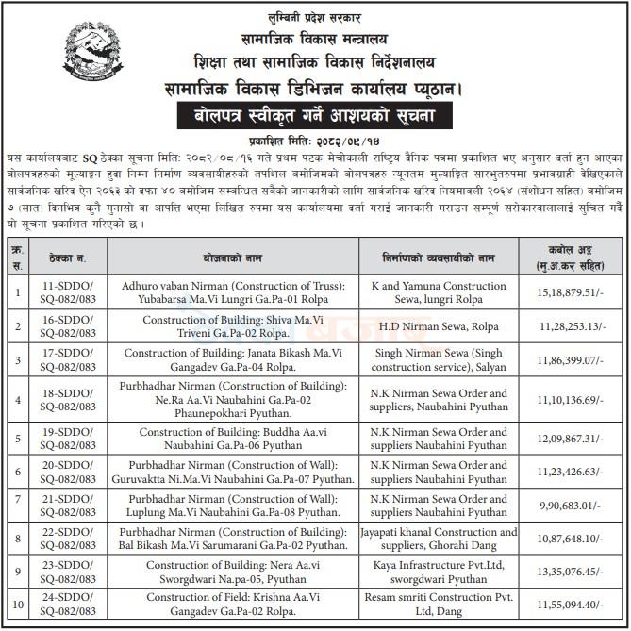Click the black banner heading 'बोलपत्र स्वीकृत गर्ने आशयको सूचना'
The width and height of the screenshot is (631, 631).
click(x=314, y=119)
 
